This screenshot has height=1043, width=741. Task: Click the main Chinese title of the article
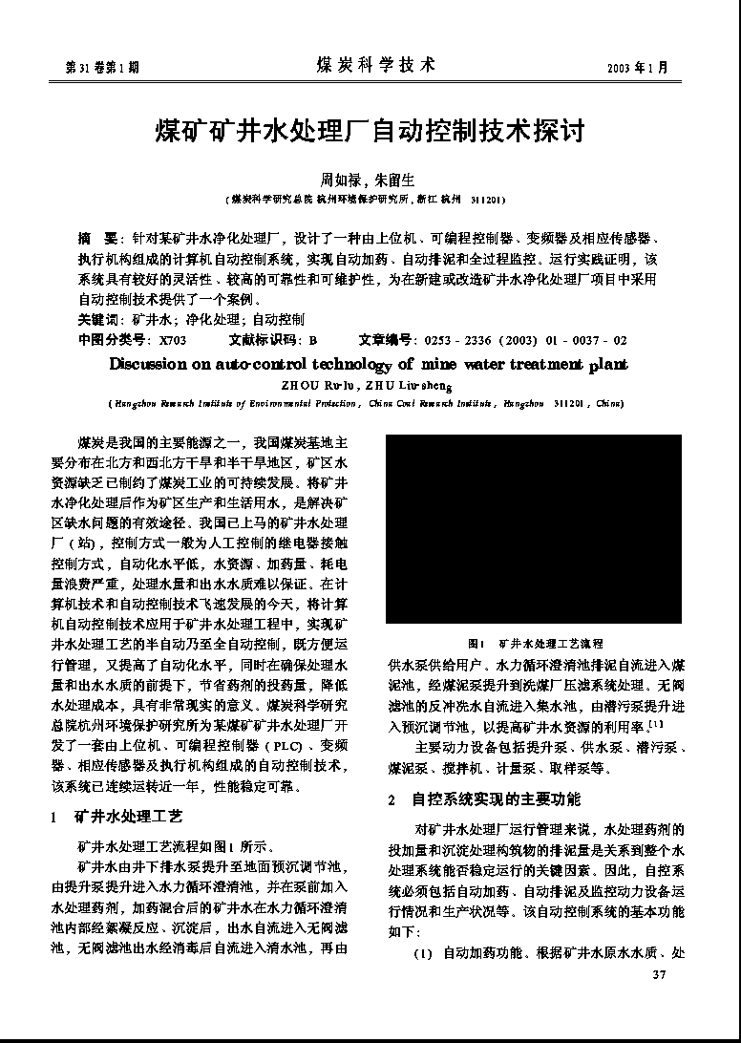[370, 130]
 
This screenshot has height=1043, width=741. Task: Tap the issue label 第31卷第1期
[101, 68]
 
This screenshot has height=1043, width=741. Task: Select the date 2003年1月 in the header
[637, 68]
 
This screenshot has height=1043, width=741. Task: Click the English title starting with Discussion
[369, 364]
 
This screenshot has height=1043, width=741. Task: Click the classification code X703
[173, 339]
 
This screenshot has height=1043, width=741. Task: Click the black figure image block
[534, 529]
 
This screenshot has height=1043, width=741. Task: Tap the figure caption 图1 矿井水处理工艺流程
[535, 644]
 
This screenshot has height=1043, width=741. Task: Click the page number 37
[657, 975]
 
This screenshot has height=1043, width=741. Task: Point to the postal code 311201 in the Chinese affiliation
[488, 201]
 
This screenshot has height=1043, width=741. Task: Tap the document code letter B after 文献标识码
[312, 339]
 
